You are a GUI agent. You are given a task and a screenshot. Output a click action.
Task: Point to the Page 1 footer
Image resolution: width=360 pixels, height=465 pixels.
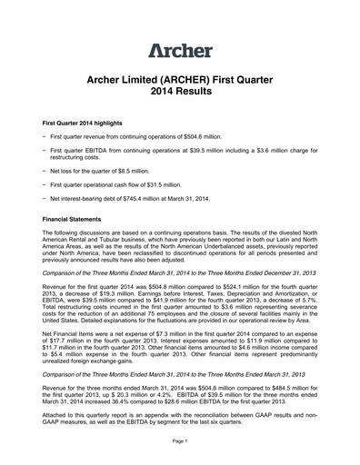point(179,440)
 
